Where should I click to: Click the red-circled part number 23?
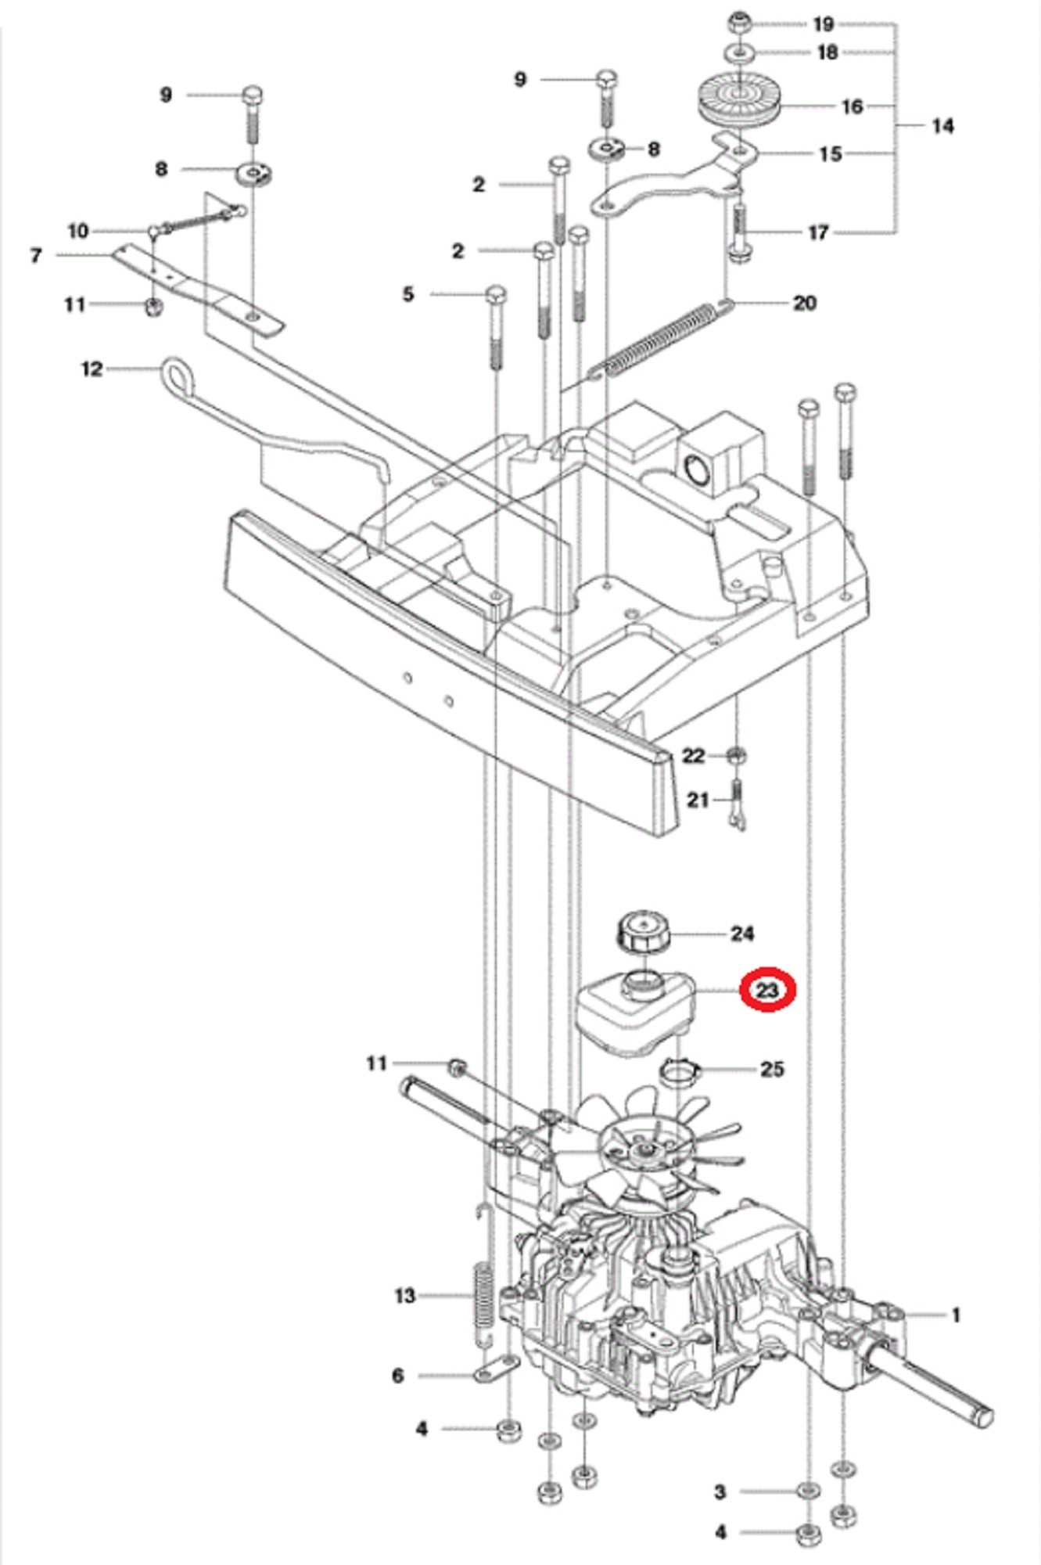coord(767,990)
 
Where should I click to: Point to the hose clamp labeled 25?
coord(679,1070)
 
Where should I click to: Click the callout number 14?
coord(942,125)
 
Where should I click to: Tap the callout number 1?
coord(955,1315)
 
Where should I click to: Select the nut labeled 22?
coord(735,756)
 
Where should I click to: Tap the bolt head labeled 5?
coord(496,295)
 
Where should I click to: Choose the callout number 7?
coord(35,255)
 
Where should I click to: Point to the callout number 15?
coord(830,153)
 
